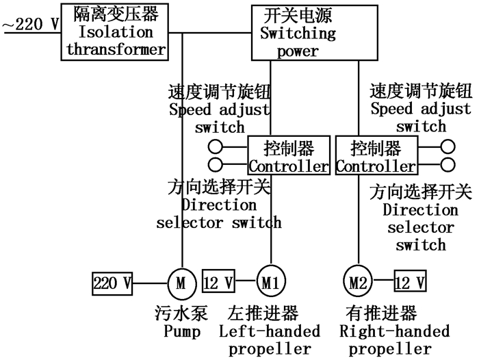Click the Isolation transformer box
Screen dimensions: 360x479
coord(116,31)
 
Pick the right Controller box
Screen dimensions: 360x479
coord(376,156)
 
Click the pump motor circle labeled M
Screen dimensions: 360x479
coord(181,281)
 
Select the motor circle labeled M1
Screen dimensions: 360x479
coord(271,281)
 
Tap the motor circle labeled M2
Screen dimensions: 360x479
coord(357,281)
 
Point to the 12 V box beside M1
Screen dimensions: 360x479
coord(219,281)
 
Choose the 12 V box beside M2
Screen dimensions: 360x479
coord(410,281)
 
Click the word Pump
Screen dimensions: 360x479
coord(181,333)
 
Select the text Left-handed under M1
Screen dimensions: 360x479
coord(270,332)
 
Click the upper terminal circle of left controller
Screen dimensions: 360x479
coord(217,146)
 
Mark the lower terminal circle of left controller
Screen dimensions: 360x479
coord(217,164)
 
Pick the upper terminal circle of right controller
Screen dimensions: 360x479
coord(448,146)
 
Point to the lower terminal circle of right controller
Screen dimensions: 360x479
coord(448,164)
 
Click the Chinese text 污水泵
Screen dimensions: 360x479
coord(181,315)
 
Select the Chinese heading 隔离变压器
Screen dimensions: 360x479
coord(116,14)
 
